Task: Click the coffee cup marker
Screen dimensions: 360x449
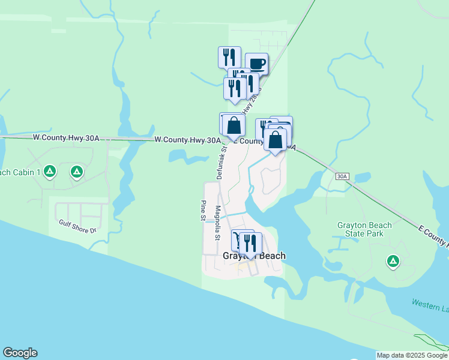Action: [257, 64]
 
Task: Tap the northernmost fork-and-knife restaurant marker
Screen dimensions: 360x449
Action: [229, 57]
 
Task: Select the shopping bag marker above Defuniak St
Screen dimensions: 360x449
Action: [234, 125]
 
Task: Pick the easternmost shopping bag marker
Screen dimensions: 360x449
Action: [276, 140]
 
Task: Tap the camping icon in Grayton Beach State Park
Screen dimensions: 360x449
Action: [393, 261]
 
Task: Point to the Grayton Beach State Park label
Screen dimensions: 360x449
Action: [364, 230]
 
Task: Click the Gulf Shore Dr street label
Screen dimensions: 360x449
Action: [77, 225]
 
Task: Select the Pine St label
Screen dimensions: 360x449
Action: [203, 213]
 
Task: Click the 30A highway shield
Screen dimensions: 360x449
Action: [342, 176]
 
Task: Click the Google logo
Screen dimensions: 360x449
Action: [20, 353]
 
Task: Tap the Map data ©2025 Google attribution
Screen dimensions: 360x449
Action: [411, 355]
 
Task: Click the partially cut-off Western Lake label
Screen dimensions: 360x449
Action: [430, 304]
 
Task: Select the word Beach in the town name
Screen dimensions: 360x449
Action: [271, 256]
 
